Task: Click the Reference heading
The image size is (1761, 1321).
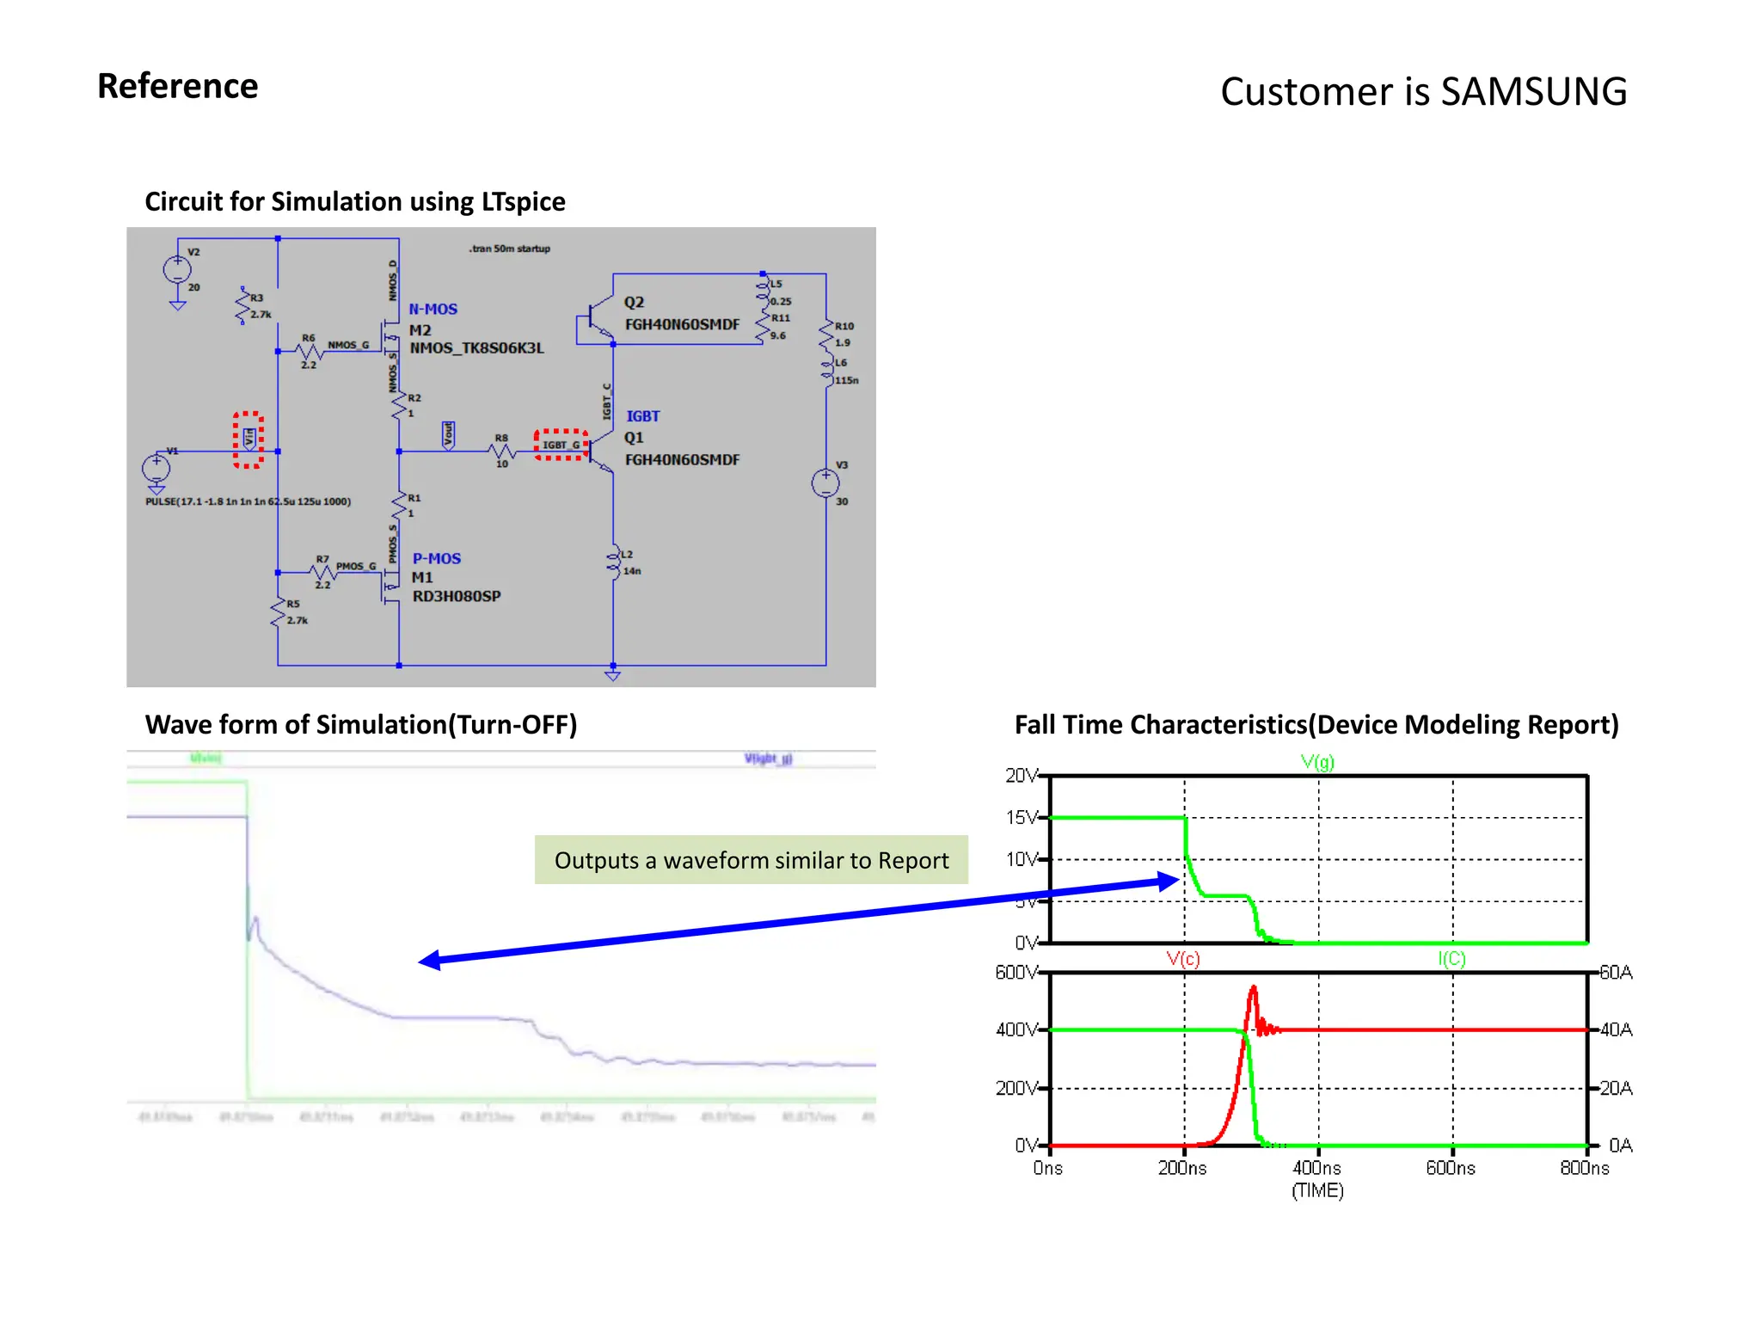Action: (178, 86)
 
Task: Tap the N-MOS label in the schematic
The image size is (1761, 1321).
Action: (433, 310)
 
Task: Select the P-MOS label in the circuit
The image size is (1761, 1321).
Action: (436, 559)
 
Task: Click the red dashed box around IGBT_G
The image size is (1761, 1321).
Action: (561, 445)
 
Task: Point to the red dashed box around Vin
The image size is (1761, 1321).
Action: (249, 439)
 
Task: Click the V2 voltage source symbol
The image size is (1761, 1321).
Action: (177, 269)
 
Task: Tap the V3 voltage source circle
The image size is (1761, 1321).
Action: (825, 482)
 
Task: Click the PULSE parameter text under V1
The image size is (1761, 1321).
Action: (248, 501)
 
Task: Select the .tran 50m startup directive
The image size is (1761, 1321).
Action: (509, 249)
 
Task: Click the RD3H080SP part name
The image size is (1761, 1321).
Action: (456, 596)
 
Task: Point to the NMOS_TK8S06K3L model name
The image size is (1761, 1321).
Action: (476, 348)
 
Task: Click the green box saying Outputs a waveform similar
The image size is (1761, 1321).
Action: (751, 860)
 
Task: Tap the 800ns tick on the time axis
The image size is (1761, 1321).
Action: (1585, 1168)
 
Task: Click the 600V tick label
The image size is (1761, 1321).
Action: (1015, 973)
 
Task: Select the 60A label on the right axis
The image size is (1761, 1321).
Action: (1616, 973)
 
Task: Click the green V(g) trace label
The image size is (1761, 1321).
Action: (1317, 762)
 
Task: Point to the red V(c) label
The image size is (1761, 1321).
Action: (1183, 959)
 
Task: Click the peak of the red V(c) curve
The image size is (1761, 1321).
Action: (1254, 988)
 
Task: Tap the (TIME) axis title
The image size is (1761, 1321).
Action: (1317, 1191)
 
